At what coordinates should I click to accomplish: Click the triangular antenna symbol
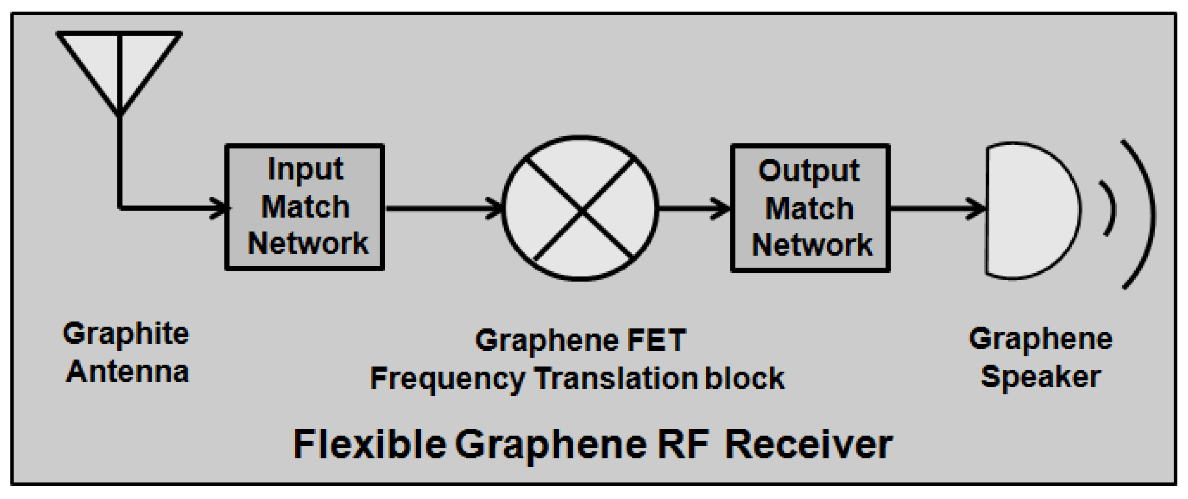119,65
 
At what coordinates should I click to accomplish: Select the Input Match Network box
304,207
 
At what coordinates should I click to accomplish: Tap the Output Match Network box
810,208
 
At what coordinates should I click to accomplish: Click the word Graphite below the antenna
125,334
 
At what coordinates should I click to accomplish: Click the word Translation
616,379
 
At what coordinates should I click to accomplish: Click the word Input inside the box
305,169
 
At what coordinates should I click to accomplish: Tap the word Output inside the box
809,171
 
